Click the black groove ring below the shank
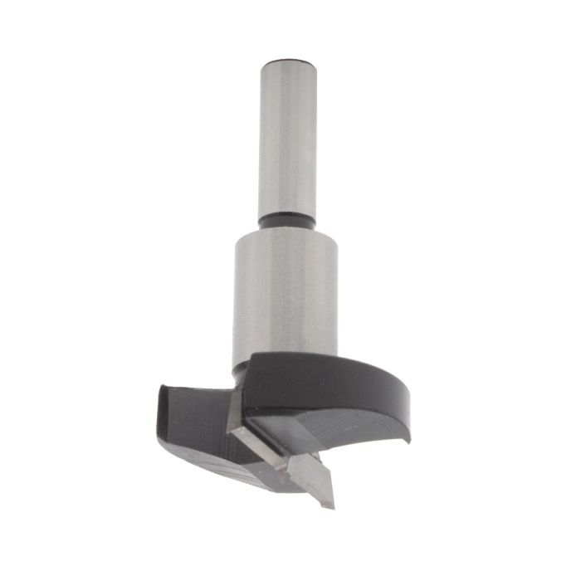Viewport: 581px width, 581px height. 286,222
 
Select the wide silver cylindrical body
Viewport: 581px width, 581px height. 285,290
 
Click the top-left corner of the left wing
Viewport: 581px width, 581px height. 160,388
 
